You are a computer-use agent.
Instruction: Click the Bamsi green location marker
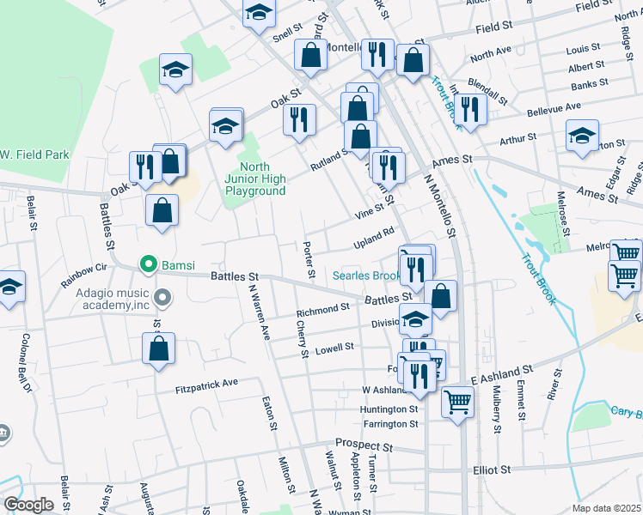[x=148, y=264]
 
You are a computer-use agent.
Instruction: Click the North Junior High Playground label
[x=255, y=179]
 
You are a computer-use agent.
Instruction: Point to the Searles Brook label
[x=367, y=276]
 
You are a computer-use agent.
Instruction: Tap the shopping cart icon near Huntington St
[x=458, y=401]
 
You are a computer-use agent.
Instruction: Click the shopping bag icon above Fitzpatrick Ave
[x=159, y=349]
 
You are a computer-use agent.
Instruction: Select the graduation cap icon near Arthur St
[x=582, y=136]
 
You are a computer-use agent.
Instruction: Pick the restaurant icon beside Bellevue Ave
[x=469, y=109]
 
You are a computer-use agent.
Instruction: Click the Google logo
[x=28, y=504]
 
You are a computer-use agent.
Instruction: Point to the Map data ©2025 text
[x=606, y=508]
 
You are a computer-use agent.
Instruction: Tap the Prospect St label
[x=364, y=445]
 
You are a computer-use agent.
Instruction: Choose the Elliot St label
[x=492, y=470]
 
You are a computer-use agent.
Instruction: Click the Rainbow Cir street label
[x=89, y=275]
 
